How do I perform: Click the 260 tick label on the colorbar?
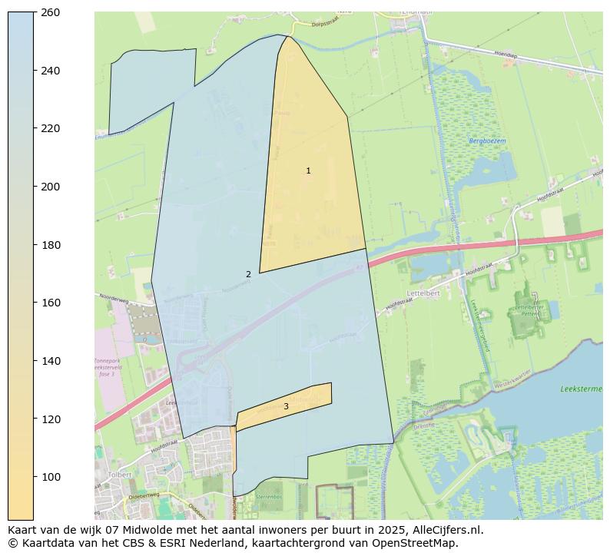coord(50,12)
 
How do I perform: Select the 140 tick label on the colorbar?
coord(50,361)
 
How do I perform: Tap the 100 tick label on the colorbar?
coord(50,477)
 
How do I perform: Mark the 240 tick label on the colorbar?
coord(50,71)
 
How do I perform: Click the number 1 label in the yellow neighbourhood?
coord(308,171)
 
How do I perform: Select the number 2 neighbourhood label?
coord(248,274)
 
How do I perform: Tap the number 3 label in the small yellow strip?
coord(286,407)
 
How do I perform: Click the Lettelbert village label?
coord(423,293)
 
